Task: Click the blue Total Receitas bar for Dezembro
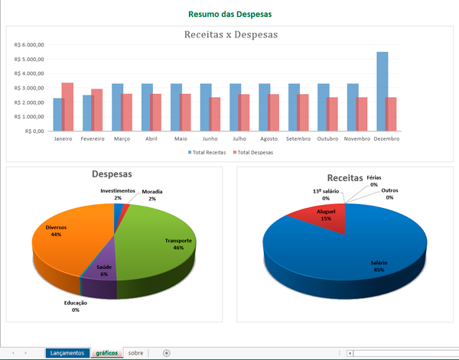382,92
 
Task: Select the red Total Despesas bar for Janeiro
67,107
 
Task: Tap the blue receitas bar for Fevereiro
88,113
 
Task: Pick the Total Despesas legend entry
254,152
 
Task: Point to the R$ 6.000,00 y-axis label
31,44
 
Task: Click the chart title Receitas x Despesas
231,34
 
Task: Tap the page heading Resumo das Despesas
229,14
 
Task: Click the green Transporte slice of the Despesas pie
161,245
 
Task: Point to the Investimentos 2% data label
118,194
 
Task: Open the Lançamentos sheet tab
66,353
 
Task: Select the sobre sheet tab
135,353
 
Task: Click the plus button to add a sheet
167,353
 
